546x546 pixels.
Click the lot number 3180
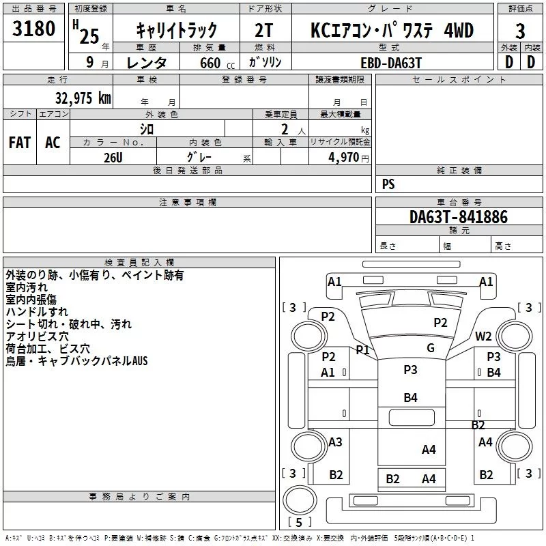pos(33,29)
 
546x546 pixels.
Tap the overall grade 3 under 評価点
pos(520,31)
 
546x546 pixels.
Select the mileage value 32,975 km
pos(83,98)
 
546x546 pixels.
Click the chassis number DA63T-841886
pos(459,216)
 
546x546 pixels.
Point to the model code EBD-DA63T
pos(391,63)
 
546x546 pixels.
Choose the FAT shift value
pos(20,143)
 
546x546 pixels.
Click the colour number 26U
pos(113,158)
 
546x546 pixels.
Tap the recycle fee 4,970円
pos(349,158)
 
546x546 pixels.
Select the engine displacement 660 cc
pos(217,63)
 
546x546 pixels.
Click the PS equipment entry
pos(388,184)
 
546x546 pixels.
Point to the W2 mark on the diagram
pos(483,336)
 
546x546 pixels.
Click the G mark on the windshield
pos(431,348)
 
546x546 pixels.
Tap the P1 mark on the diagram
pos(362,349)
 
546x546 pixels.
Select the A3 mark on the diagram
pos(335,442)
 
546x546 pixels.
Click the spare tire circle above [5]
pos(300,500)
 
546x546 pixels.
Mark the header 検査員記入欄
pos(139,263)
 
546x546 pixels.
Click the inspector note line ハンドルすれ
pos(37,312)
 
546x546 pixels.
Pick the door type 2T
pos(263,30)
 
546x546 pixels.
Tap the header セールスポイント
pos(459,79)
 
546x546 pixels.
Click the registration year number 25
pos(89,36)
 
